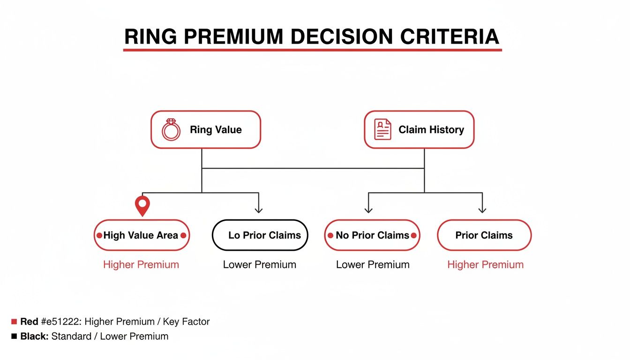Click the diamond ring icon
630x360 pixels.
[x=171, y=130]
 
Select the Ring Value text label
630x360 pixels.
[x=216, y=130]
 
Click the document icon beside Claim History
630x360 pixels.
[x=382, y=130]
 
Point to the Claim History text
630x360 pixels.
[x=431, y=130]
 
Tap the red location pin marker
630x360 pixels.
[x=142, y=205]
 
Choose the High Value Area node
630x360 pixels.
[x=141, y=235]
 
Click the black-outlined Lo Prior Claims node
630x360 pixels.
[x=260, y=235]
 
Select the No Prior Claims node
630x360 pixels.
[x=372, y=235]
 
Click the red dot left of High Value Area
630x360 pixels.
[x=99, y=235]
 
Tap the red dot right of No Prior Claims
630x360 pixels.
[x=414, y=235]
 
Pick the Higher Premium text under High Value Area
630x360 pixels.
[x=141, y=264]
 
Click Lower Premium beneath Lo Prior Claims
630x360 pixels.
[x=260, y=264]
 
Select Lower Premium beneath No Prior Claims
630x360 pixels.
[x=373, y=264]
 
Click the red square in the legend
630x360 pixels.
[x=14, y=322]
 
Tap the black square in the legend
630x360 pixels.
[x=14, y=336]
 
